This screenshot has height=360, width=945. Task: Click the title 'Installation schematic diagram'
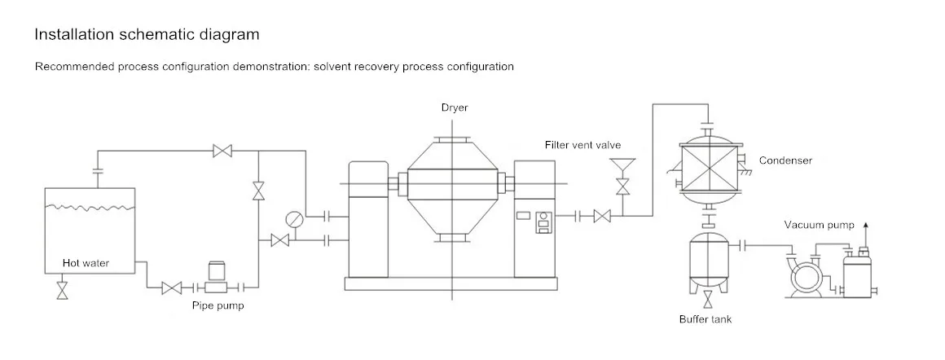point(147,34)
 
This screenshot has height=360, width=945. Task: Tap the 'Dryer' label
point(455,108)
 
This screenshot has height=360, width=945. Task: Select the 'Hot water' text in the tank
point(86,263)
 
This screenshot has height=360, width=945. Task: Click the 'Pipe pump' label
point(218,306)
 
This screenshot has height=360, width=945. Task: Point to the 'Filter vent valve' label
point(582,145)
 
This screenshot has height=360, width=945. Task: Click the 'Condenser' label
point(785,160)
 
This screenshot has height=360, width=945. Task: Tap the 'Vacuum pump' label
point(819,225)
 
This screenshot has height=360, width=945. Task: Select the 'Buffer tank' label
point(705,319)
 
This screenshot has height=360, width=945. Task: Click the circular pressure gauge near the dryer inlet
point(293,220)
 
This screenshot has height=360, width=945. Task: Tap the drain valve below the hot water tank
point(62,291)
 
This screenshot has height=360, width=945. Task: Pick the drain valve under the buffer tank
point(707,298)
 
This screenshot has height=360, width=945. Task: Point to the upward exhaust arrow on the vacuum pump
point(864,226)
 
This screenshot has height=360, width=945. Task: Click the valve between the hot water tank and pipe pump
point(171,288)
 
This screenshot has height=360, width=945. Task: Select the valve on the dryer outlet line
point(603,216)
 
